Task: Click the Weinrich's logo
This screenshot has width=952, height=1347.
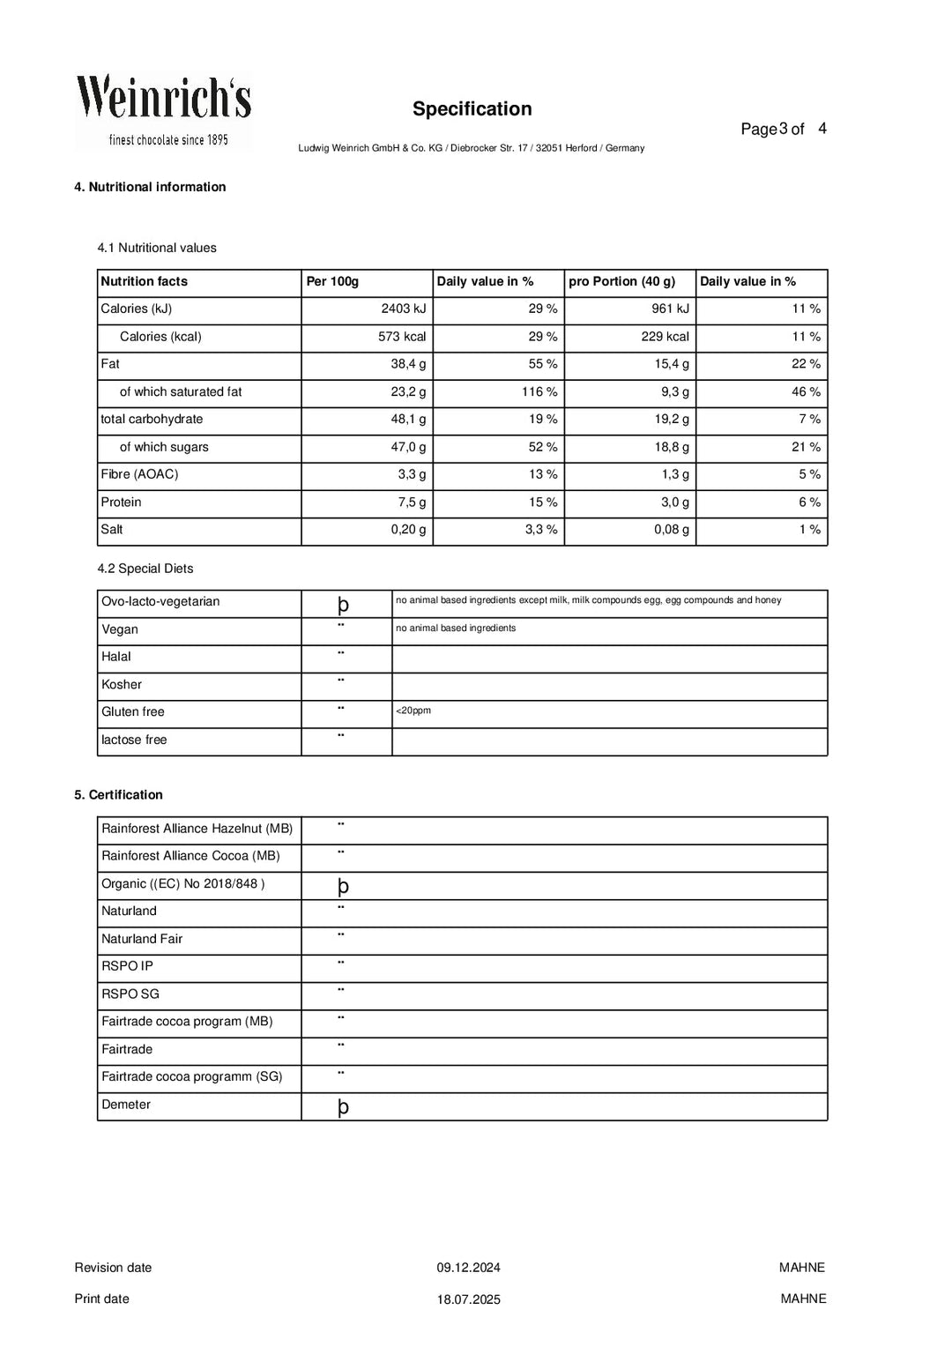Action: click(163, 110)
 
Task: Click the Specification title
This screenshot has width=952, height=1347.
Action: click(472, 109)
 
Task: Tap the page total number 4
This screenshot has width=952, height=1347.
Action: click(822, 129)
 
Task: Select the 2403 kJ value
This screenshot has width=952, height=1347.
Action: click(404, 309)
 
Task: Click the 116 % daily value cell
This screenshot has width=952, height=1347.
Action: click(539, 392)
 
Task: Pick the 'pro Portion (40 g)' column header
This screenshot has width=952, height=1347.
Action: click(621, 282)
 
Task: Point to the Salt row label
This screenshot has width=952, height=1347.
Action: click(112, 530)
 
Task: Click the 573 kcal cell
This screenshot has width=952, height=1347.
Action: click(402, 337)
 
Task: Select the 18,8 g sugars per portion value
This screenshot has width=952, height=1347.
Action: click(672, 448)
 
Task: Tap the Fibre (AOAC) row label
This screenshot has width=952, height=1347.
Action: click(139, 475)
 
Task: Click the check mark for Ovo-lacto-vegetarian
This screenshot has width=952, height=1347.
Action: click(343, 605)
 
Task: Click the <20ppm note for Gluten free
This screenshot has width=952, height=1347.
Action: click(413, 711)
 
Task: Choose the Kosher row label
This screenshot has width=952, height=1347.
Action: click(122, 685)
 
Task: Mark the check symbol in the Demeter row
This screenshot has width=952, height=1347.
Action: click(343, 1107)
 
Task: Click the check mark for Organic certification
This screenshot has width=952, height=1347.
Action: click(343, 886)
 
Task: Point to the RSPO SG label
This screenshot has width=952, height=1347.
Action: click(130, 994)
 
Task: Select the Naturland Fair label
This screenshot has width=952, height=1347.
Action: click(142, 939)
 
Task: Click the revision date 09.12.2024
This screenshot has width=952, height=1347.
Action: click(468, 1269)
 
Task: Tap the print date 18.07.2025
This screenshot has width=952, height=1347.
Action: click(468, 1299)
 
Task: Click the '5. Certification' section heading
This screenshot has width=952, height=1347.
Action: click(118, 795)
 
